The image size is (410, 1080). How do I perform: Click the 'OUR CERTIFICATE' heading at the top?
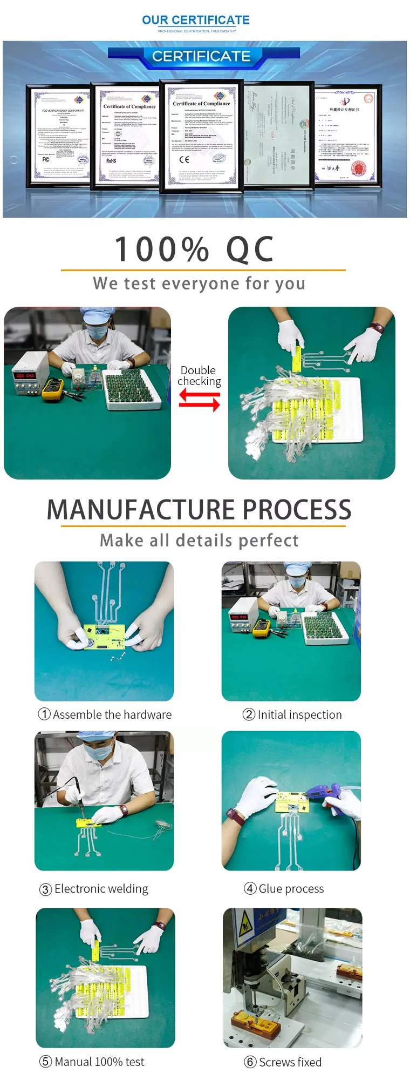coord(195,20)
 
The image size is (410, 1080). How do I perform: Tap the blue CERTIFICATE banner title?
coord(201,56)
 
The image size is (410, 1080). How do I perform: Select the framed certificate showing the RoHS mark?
coord(128,136)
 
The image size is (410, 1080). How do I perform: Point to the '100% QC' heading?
coord(194,249)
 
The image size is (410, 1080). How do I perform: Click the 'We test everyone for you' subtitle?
coord(199,283)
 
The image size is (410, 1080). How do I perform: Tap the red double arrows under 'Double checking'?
coord(199,400)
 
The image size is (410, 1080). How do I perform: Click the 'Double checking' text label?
coord(199,375)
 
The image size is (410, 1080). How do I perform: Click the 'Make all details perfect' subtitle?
coord(199,540)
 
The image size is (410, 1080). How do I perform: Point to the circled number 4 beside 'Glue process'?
coord(250,888)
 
